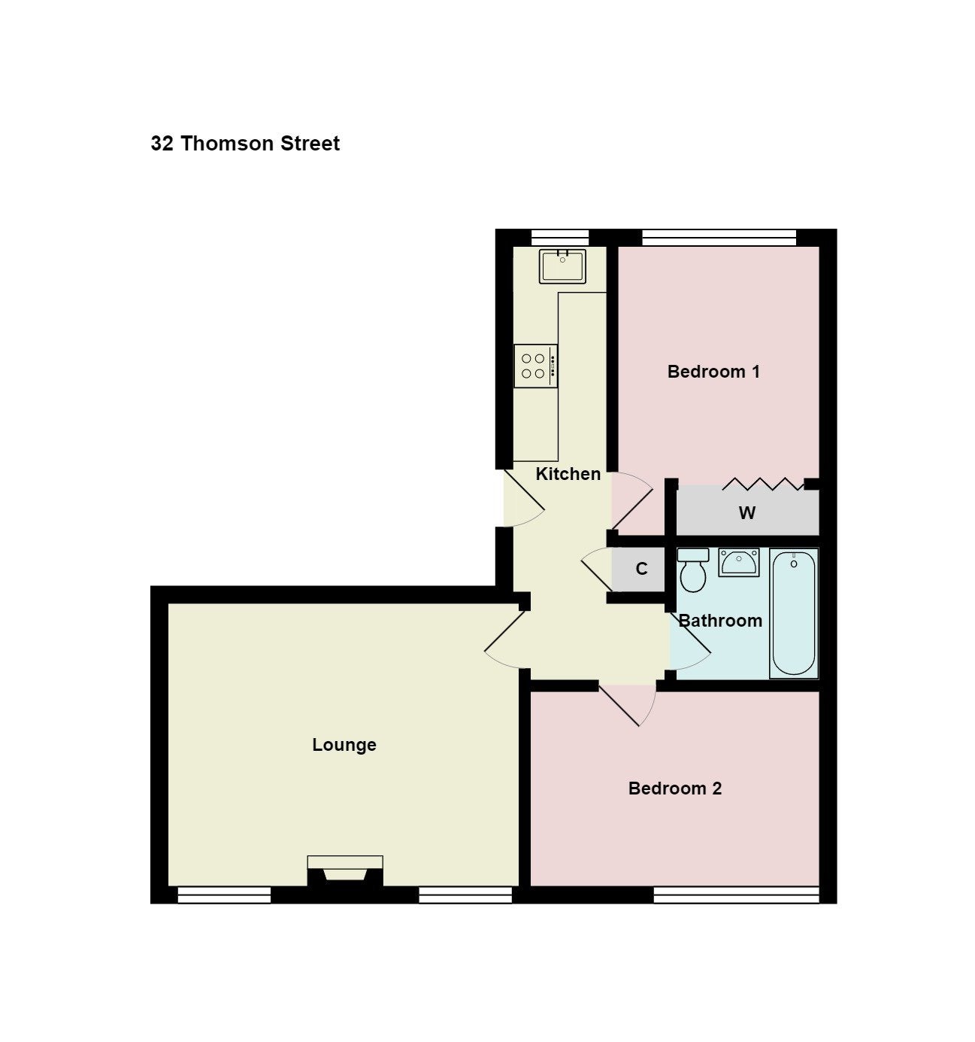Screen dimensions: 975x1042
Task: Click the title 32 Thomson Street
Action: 245,143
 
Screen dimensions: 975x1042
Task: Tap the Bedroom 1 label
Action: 713,372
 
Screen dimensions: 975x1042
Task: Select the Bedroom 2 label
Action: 674,788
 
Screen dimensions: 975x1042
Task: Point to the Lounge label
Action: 344,745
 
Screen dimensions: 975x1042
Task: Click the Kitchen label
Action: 568,474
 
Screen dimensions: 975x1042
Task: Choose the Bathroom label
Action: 720,621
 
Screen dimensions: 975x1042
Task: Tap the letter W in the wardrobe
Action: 747,512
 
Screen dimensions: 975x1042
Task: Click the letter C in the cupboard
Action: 641,568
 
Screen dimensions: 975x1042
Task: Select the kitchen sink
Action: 562,266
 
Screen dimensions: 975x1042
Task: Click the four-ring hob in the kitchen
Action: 535,366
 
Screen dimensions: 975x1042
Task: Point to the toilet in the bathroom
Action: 693,570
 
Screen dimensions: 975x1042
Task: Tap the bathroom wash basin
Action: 738,563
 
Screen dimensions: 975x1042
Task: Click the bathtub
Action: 794,613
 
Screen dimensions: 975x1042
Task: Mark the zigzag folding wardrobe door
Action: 763,484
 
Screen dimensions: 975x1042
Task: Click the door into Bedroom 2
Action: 628,705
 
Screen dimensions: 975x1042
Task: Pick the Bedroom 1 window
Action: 719,238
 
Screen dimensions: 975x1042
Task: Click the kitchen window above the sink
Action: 559,238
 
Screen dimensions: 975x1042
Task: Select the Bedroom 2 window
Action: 736,895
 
